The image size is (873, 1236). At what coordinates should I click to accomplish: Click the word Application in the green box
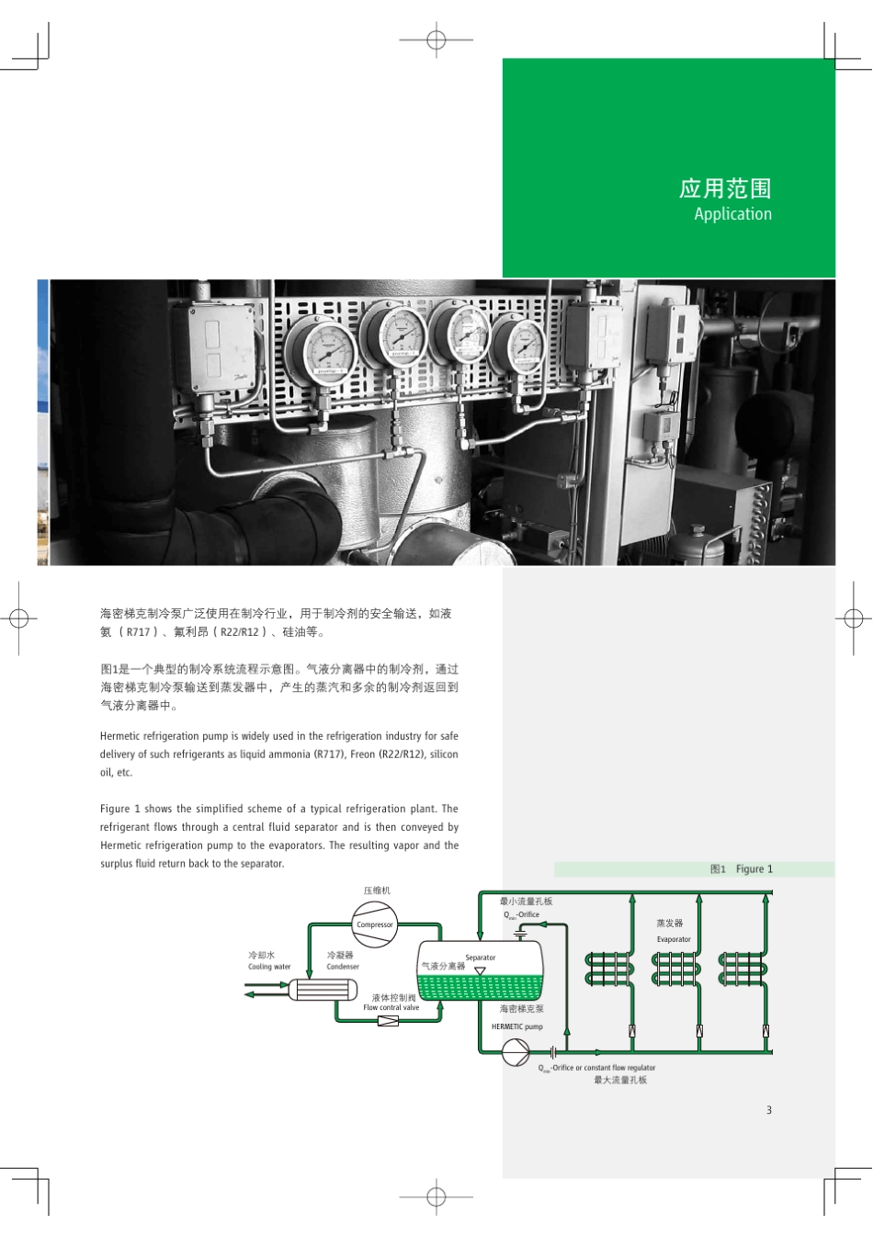[732, 214]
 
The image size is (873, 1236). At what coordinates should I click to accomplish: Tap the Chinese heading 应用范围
[724, 188]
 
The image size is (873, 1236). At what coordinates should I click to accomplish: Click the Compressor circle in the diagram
[375, 924]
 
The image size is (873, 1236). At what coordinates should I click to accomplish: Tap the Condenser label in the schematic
[343, 967]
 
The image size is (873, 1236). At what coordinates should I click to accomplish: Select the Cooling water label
[269, 967]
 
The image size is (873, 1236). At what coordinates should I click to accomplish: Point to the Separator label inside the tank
[480, 958]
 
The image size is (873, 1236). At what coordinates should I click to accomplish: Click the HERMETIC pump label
[516, 1026]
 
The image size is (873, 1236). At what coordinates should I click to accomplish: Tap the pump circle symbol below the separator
[516, 1052]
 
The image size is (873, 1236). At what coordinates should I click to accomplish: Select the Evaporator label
[674, 939]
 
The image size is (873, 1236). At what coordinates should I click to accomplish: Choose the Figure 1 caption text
[754, 869]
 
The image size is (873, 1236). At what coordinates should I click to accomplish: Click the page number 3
[769, 1110]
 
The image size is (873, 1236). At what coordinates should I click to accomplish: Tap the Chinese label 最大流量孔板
[620, 1080]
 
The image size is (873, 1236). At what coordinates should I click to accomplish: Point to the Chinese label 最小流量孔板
[527, 901]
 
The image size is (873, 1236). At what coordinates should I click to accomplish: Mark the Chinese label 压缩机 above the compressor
[377, 890]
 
